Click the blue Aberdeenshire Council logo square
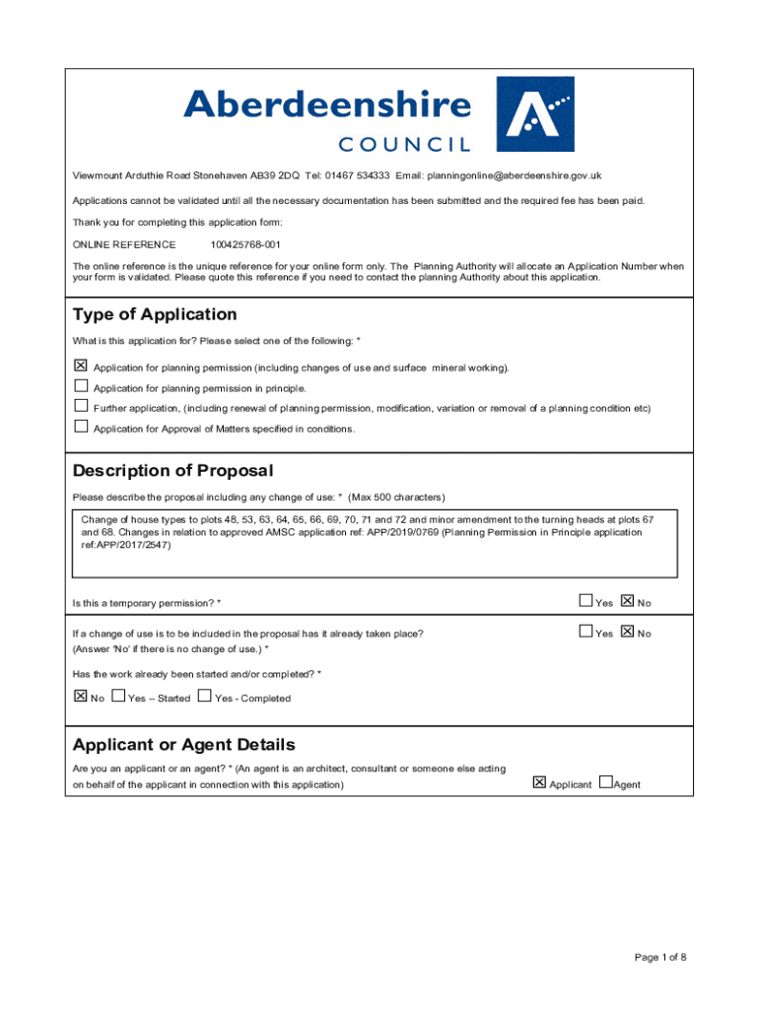tap(533, 114)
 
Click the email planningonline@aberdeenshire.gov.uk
tap(513, 175)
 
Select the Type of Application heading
tap(155, 314)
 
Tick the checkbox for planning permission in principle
tap(81, 387)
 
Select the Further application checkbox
tap(81, 407)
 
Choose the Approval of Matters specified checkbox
tap(81, 428)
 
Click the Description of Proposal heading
tap(172, 470)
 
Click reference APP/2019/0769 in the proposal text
tap(392, 532)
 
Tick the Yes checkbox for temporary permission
tap(586, 601)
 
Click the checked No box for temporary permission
tap(627, 601)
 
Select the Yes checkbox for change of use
tap(586, 632)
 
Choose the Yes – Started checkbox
tap(119, 697)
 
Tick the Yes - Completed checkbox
tap(205, 697)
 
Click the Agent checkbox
tap(605, 783)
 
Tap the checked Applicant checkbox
tap(539, 783)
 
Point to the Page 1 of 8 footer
tap(660, 957)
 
